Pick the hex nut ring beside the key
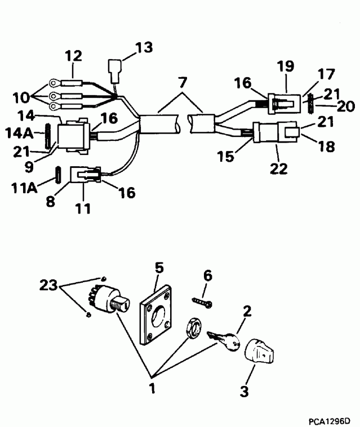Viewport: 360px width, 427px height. [x=192, y=327]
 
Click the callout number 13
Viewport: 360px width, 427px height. [x=144, y=48]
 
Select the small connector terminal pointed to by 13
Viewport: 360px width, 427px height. [x=114, y=73]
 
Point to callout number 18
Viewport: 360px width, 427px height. [x=327, y=147]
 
